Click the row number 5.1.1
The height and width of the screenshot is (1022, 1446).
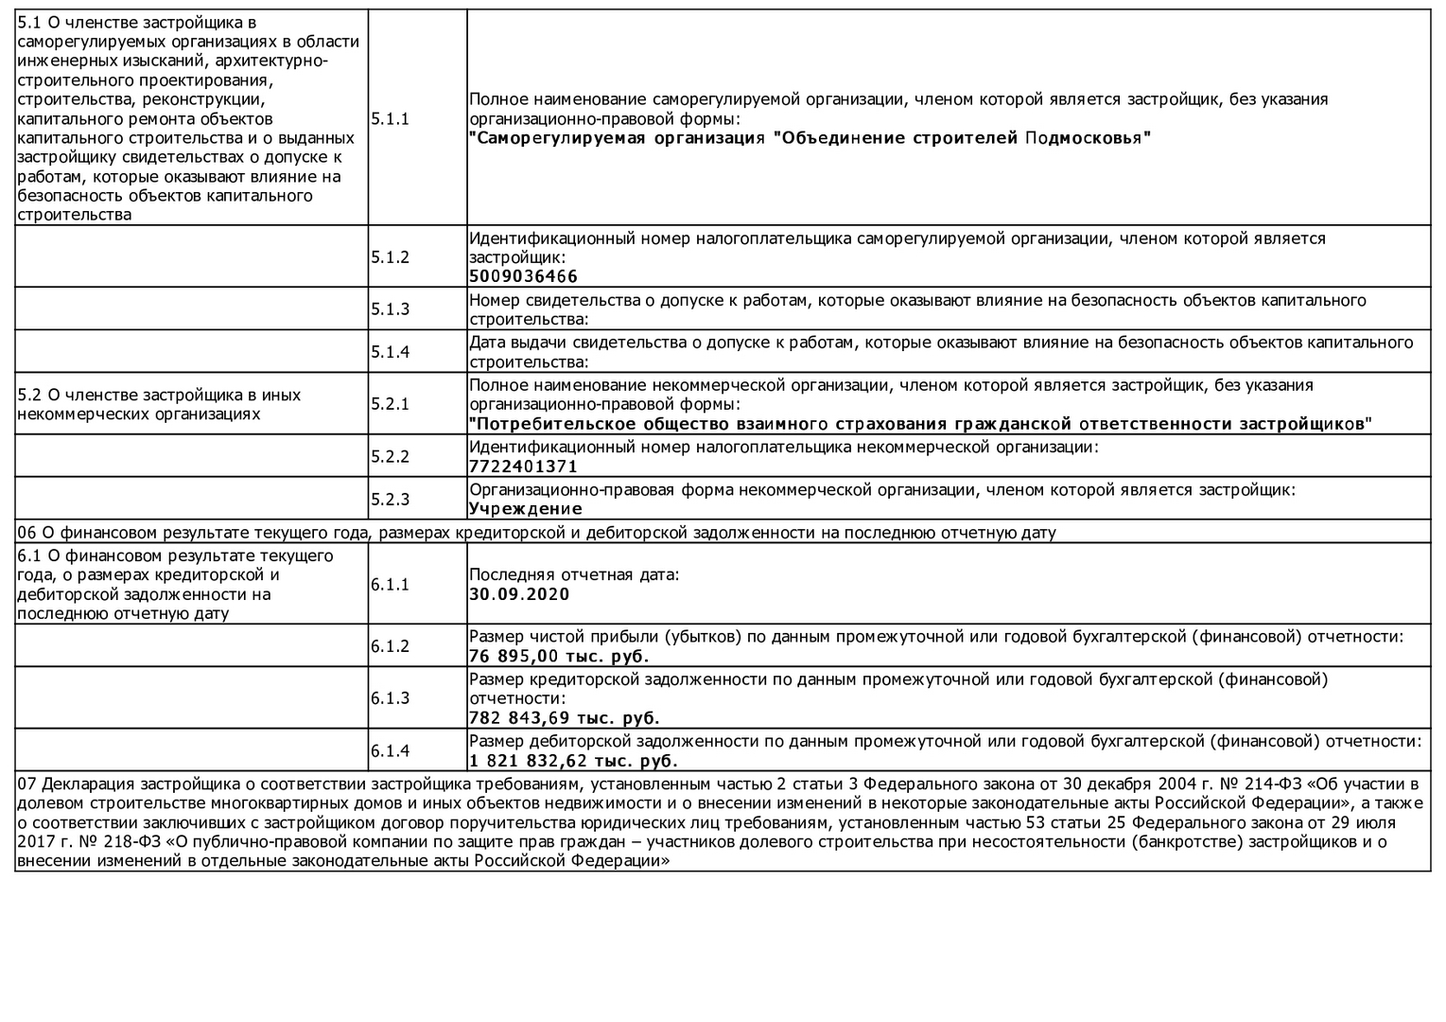pyautogui.click(x=390, y=119)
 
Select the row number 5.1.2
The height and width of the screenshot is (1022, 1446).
pyautogui.click(x=390, y=257)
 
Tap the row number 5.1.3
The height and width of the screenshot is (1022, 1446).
pyautogui.click(x=390, y=309)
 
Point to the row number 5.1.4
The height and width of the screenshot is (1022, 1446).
pyautogui.click(x=390, y=352)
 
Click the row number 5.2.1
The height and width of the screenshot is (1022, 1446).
pyautogui.click(x=390, y=404)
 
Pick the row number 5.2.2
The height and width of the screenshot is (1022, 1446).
pyautogui.click(x=390, y=457)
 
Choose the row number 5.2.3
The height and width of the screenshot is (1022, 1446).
pyautogui.click(x=390, y=500)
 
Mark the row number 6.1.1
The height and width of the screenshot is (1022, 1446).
pyautogui.click(x=390, y=585)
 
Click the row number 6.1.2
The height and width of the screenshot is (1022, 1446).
pyautogui.click(x=390, y=646)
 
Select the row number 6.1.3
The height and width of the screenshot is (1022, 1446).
pyautogui.click(x=390, y=698)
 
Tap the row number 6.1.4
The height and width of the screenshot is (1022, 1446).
pyautogui.click(x=390, y=751)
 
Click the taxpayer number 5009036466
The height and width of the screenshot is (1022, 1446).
pyautogui.click(x=523, y=277)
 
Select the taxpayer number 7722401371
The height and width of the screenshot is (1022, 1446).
pyautogui.click(x=523, y=467)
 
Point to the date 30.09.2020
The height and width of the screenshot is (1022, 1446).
pyautogui.click(x=519, y=594)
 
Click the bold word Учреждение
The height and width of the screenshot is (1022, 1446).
pyautogui.click(x=526, y=509)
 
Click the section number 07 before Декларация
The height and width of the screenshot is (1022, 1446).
pyautogui.click(x=26, y=784)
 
